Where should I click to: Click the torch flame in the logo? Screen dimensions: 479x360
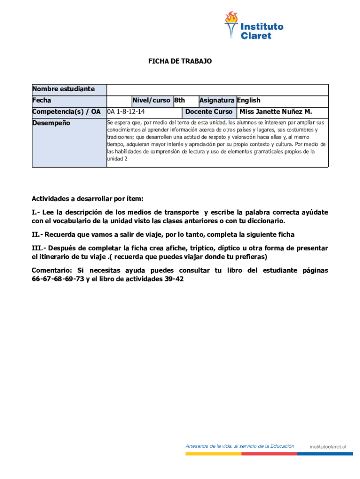click(x=231, y=18)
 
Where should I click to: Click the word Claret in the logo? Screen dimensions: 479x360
click(x=256, y=36)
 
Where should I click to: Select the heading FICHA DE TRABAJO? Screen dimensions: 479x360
click(x=180, y=61)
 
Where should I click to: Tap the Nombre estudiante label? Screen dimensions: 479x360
click(x=63, y=89)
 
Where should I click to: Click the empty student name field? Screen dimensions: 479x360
click(x=217, y=89)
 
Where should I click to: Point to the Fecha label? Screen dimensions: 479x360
click(x=42, y=100)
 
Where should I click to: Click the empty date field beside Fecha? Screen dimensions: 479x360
click(x=118, y=101)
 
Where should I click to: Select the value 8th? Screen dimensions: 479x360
click(x=180, y=100)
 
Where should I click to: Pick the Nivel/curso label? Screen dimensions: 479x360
click(x=151, y=100)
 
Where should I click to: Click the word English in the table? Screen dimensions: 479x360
click(x=249, y=100)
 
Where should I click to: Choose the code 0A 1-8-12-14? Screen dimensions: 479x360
click(x=126, y=112)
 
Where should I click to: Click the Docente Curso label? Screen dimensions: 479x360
click(x=209, y=112)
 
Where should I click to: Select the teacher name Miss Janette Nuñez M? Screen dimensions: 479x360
click(x=275, y=112)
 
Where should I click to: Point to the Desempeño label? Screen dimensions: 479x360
click(x=51, y=123)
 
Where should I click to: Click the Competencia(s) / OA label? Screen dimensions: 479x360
click(x=66, y=112)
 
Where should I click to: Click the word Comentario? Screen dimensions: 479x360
click(x=51, y=270)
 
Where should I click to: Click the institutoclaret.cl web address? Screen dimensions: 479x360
click(x=328, y=447)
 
